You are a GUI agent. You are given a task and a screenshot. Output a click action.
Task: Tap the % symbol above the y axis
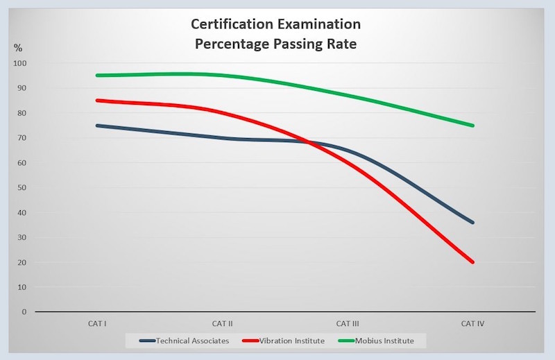(x=19, y=48)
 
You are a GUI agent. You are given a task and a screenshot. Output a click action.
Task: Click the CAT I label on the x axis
(x=96, y=324)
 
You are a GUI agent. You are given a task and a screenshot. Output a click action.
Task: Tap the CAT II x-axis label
(x=222, y=324)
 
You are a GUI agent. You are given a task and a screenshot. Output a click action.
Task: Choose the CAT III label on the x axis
(x=348, y=324)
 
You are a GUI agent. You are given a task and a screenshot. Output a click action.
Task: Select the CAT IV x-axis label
(x=473, y=324)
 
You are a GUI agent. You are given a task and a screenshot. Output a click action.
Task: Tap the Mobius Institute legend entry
(x=385, y=341)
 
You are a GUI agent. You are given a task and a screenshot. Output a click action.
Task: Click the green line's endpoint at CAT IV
(x=473, y=126)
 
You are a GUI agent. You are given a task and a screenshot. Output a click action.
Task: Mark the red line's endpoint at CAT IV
(x=473, y=262)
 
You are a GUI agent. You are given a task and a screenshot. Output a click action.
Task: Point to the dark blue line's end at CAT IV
(x=473, y=223)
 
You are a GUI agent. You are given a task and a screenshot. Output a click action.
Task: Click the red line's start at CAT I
(x=97, y=101)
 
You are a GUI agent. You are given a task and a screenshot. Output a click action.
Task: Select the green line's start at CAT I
(x=97, y=76)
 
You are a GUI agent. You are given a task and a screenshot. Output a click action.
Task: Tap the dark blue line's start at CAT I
(x=97, y=126)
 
